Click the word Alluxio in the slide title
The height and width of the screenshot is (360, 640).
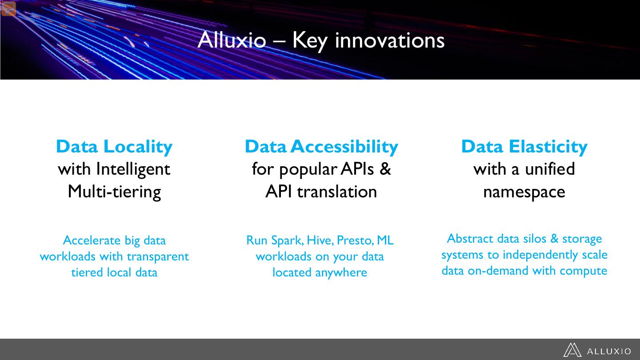232,40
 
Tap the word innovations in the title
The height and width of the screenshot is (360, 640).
390,40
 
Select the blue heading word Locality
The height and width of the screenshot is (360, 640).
138,147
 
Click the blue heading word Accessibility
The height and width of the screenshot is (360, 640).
344,147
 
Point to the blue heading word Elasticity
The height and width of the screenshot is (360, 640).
548,147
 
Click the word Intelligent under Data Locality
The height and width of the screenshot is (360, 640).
133,169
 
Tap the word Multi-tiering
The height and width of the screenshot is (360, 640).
114,192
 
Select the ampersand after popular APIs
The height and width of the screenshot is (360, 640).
385,168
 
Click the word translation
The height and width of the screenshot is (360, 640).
337,192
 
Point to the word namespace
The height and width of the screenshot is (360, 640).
524,192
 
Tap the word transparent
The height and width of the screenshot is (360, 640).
158,257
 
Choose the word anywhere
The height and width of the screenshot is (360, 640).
341,273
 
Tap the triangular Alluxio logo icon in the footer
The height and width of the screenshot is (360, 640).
572,350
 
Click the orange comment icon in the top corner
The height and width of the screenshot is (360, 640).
8,8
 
